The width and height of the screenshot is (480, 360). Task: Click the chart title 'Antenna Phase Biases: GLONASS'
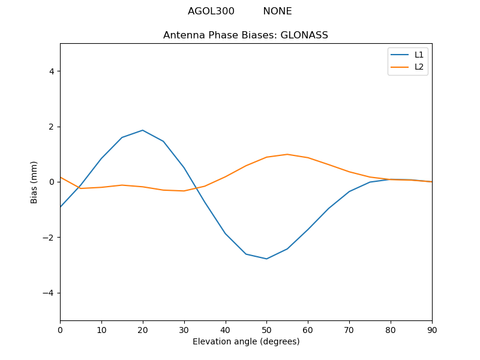click(245, 35)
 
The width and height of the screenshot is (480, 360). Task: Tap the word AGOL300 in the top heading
click(211, 11)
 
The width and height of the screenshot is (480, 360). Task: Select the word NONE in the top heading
click(277, 11)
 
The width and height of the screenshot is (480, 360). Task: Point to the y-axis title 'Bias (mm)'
click(34, 182)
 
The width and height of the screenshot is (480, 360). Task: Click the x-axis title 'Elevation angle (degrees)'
click(246, 342)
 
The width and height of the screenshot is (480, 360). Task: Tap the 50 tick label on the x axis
click(266, 329)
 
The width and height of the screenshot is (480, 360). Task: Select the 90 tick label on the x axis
click(432, 329)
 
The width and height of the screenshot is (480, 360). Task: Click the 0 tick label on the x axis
click(60, 329)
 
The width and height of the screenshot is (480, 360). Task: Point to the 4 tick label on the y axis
click(52, 71)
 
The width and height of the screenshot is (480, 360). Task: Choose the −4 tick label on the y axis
click(49, 293)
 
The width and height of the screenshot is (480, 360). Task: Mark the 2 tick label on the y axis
click(52, 127)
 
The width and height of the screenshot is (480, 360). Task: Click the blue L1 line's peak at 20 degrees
click(143, 130)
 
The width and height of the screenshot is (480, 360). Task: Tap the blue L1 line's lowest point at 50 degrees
click(266, 259)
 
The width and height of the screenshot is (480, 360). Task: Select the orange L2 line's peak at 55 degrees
click(287, 154)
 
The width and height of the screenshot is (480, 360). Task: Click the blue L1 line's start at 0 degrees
click(61, 207)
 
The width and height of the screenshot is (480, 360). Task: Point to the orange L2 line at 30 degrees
click(184, 191)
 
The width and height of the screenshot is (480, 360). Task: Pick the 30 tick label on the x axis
click(184, 329)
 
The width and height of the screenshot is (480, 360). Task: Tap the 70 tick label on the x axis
click(349, 329)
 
